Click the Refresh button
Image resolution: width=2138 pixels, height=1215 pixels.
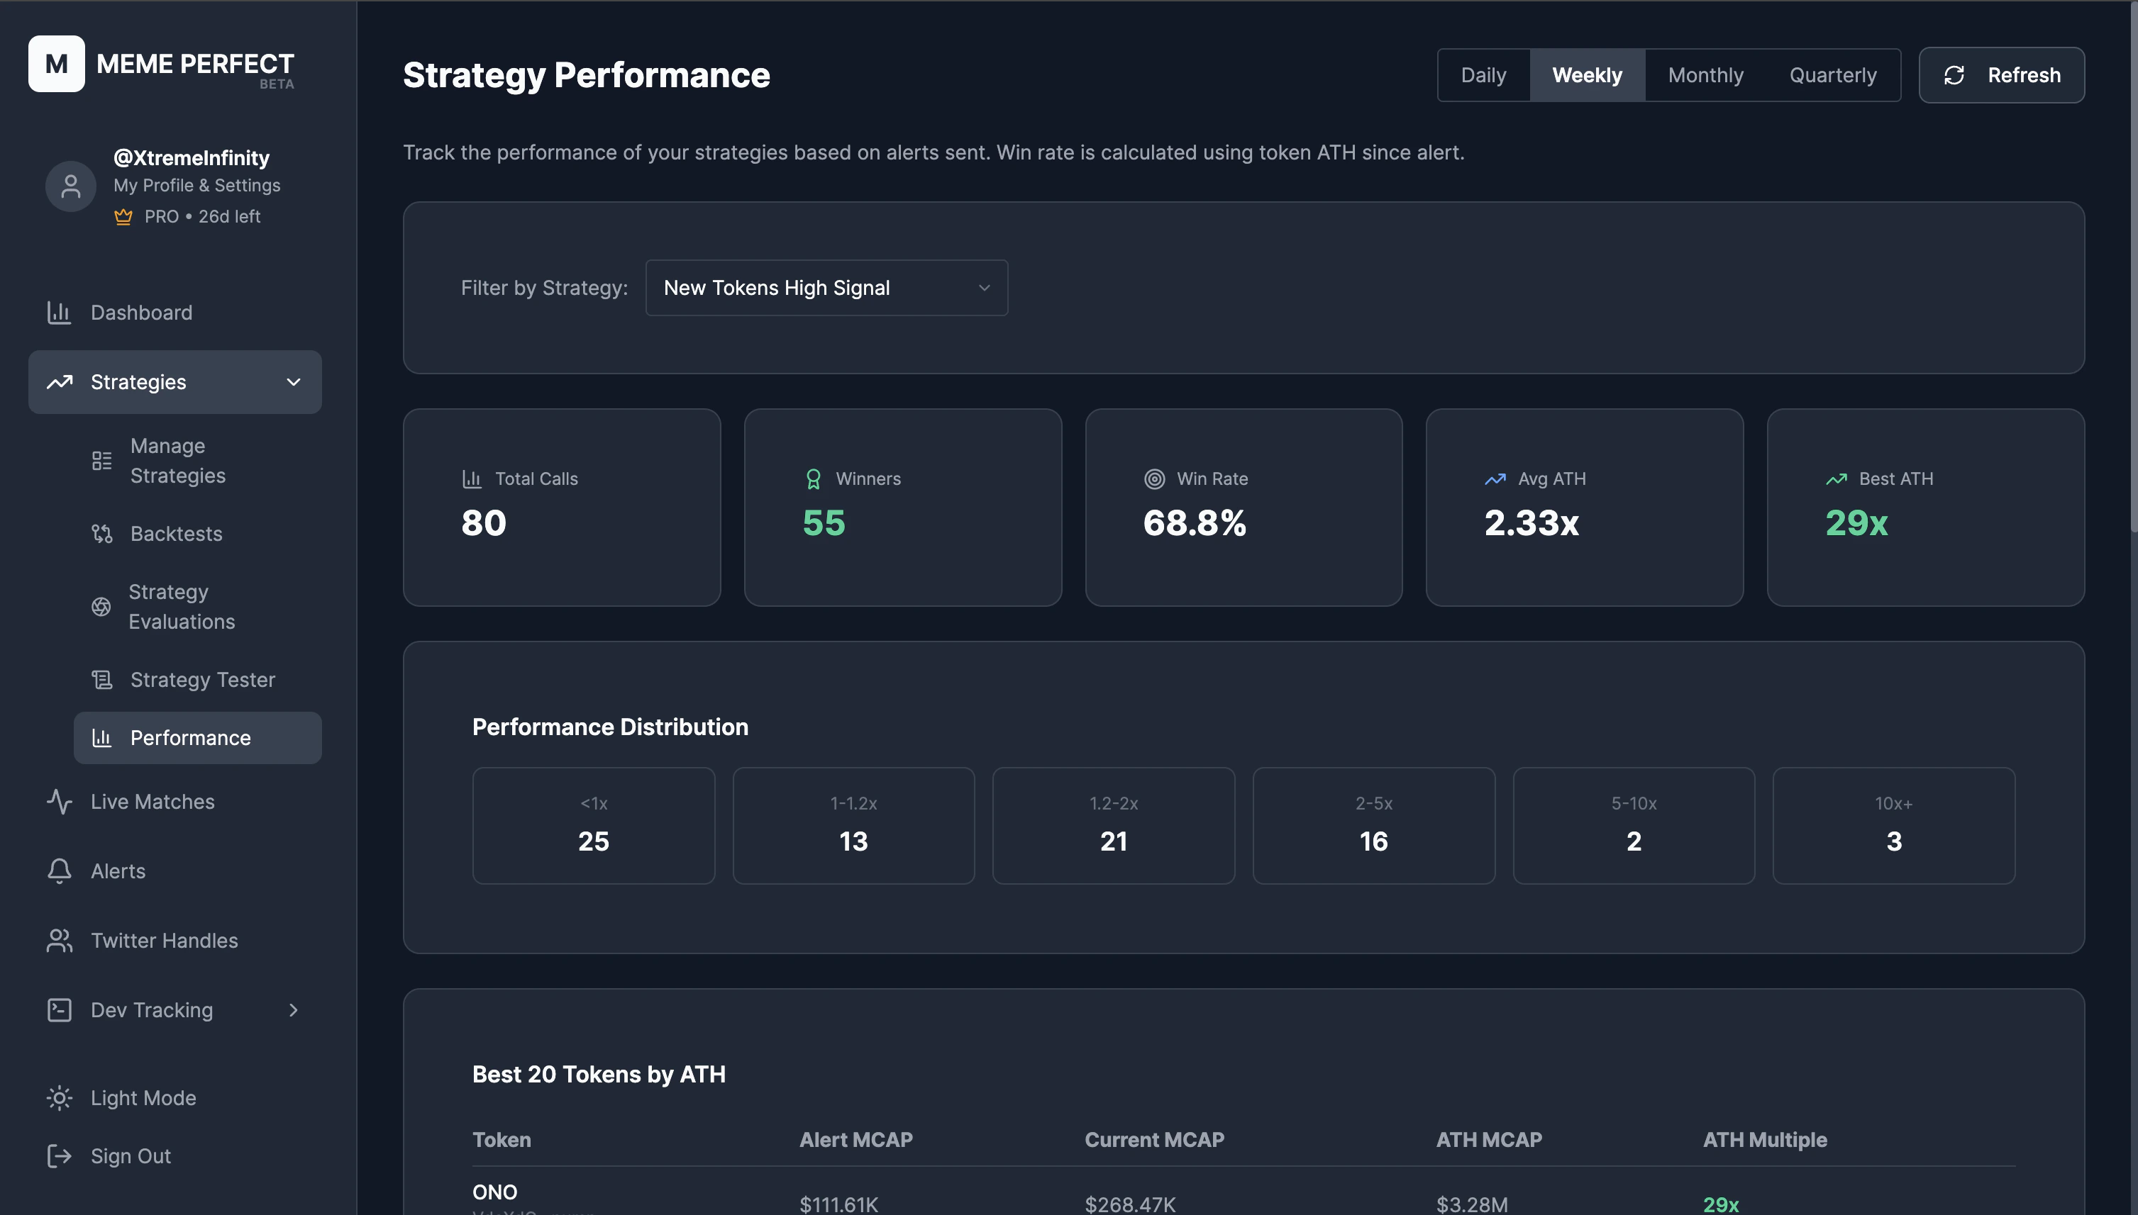tap(2001, 75)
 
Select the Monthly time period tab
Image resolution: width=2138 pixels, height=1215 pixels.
tap(1705, 75)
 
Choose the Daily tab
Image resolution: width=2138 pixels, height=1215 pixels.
tap(1483, 75)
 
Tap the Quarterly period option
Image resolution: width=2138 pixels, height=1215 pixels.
tap(1832, 75)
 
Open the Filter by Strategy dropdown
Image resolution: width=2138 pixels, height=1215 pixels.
tap(826, 288)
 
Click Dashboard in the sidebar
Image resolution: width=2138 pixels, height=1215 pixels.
tap(141, 313)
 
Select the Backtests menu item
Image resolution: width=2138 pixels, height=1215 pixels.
tap(176, 534)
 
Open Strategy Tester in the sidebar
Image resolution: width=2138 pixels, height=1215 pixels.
tap(202, 680)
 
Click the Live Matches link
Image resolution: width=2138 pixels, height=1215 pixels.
tap(152, 802)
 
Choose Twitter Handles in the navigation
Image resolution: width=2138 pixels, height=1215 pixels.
tap(164, 941)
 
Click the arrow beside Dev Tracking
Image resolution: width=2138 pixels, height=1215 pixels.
tap(293, 1011)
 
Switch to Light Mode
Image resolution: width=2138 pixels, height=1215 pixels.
tap(143, 1098)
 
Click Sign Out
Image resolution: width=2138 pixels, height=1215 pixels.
tap(131, 1157)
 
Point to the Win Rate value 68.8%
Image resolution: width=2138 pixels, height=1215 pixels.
tap(1194, 523)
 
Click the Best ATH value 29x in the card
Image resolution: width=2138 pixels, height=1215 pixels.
tap(1856, 523)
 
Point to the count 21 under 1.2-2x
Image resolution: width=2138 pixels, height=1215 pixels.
tap(1113, 841)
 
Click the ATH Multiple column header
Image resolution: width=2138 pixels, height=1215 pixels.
tap(1764, 1140)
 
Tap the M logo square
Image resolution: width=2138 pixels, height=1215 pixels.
tap(56, 63)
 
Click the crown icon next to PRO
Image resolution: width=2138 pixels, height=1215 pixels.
tap(123, 217)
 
